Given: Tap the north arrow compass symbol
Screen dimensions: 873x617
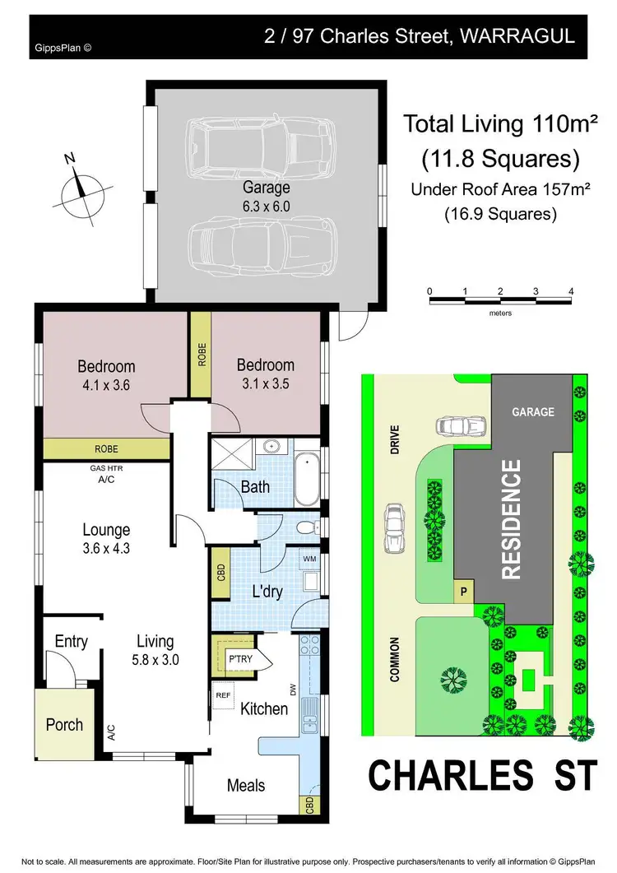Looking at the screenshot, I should click(x=81, y=187).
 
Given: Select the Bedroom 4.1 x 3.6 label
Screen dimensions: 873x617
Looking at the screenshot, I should click(x=106, y=374).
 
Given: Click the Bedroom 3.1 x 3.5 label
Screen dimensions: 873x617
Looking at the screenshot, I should click(x=265, y=372).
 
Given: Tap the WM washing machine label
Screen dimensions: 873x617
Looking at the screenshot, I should click(x=310, y=560).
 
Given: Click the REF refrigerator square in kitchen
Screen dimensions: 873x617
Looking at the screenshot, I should click(x=222, y=694).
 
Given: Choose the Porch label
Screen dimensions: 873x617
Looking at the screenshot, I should click(x=64, y=724).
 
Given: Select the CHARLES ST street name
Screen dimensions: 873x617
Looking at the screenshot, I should click(x=480, y=776).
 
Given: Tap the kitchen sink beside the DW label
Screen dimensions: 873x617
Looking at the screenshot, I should click(x=310, y=714).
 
